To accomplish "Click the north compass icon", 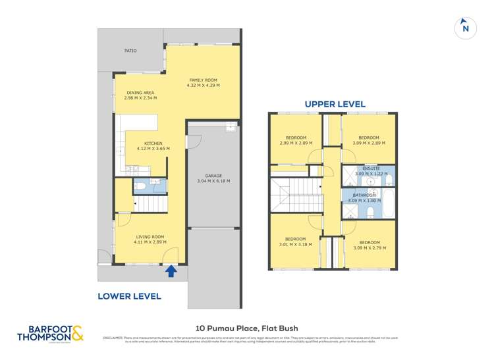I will pos(466,28).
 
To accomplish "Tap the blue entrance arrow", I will pos(171,270).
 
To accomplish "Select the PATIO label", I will pos(130,51).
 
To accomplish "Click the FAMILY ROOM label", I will pos(203,80).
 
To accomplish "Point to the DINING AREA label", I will pos(140,93).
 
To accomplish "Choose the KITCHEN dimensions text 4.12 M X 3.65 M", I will pos(153,149).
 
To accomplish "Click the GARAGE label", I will pos(213,176).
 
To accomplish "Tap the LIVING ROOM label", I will pos(150,236).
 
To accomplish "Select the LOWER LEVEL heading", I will pos(129,296).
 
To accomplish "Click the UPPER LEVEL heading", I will pos(335,104).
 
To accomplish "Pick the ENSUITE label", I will pos(371,168).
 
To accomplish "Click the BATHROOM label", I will pos(364,195).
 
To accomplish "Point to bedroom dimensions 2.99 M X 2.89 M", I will pos(292,143).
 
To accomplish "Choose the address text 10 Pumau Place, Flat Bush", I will pos(247,328).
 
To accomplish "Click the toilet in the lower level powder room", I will pos(140,187).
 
